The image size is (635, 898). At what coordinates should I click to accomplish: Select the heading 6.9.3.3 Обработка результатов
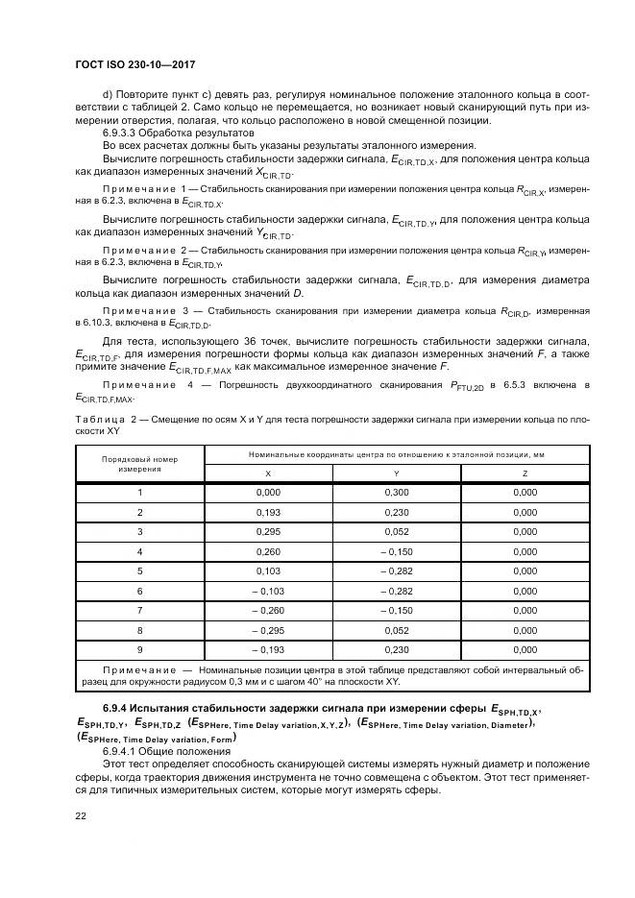[179, 132]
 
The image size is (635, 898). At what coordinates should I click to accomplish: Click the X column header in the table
[268, 473]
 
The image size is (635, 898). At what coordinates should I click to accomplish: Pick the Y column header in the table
[396, 473]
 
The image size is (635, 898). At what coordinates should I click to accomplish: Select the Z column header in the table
[525, 473]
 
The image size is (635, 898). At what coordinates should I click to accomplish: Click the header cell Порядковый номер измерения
[139, 464]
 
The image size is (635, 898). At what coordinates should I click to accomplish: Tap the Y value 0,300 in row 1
[396, 492]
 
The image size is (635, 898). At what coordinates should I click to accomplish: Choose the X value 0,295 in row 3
[268, 531]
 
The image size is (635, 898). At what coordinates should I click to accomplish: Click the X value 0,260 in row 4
[268, 550]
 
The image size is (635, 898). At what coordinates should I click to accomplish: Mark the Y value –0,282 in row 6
[396, 590]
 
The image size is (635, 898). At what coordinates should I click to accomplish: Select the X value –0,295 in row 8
[268, 629]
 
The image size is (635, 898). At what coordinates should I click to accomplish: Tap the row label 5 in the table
[139, 570]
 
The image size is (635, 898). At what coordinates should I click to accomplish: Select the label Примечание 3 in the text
[144, 312]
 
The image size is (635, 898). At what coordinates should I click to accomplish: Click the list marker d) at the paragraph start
[107, 92]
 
